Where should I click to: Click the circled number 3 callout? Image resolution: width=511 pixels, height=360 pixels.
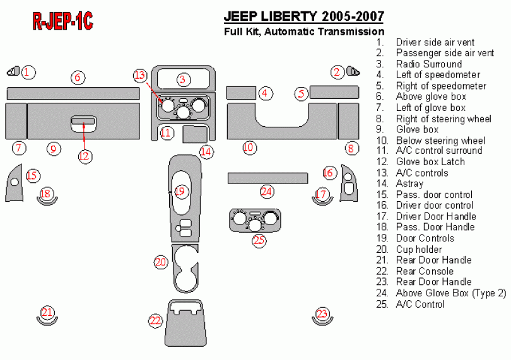(183, 79)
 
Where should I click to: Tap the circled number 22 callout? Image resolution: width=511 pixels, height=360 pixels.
(155, 321)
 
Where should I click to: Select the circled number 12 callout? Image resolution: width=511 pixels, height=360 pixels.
(85, 156)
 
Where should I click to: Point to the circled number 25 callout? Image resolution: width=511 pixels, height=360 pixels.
(259, 240)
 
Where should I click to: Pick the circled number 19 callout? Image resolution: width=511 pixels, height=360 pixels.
(181, 191)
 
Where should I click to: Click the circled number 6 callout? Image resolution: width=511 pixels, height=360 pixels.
(78, 78)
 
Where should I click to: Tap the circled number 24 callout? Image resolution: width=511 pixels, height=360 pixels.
(267, 191)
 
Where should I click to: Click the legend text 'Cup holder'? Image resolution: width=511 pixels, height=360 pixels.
(418, 250)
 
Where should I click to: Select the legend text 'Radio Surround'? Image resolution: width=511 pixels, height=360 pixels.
(428, 64)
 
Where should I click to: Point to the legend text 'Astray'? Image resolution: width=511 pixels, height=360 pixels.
(409, 183)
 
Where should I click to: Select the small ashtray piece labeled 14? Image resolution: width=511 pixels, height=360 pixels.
(195, 134)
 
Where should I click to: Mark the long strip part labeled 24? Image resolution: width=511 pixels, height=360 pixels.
(267, 177)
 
